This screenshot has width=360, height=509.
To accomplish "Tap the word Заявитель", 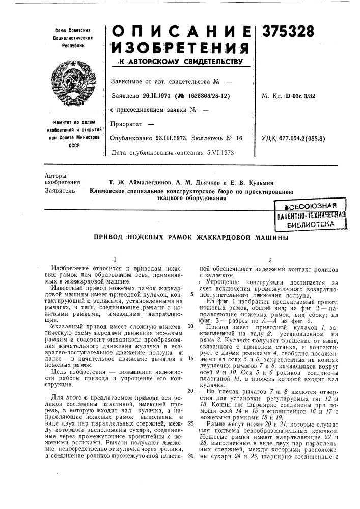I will (x=60, y=191).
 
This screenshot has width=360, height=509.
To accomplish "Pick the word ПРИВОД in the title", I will (x=109, y=238).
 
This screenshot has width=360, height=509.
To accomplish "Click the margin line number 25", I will (x=191, y=423).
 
